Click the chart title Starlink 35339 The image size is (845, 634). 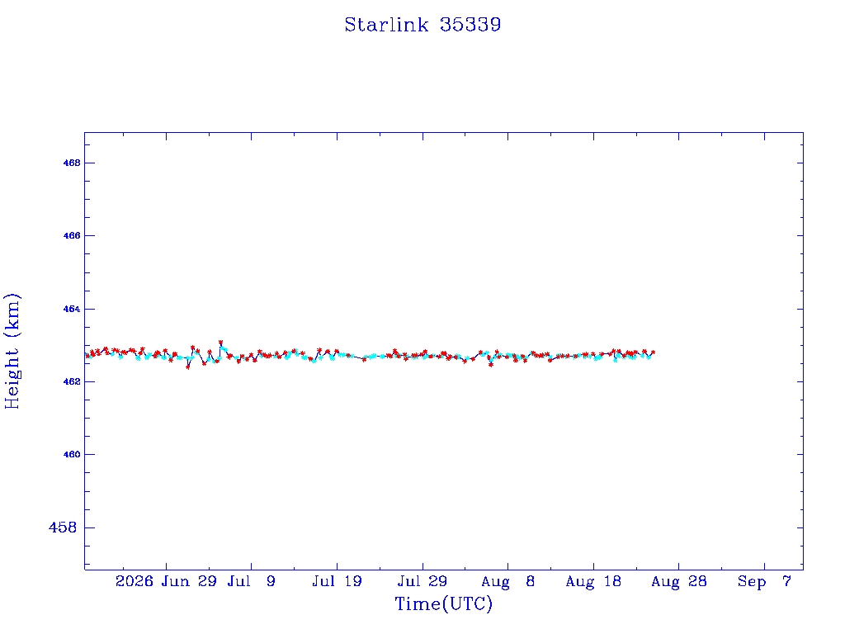click(x=422, y=25)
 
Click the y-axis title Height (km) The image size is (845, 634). click(x=12, y=351)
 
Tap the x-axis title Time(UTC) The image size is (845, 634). click(x=443, y=603)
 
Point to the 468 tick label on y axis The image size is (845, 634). click(x=71, y=163)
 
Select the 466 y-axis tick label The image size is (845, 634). click(x=71, y=235)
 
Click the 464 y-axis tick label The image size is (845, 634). click(x=71, y=309)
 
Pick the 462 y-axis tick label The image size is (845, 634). click(x=71, y=381)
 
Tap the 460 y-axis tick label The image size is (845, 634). click(x=71, y=455)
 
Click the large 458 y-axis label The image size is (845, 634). click(x=63, y=528)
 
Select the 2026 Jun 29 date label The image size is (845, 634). click(x=166, y=581)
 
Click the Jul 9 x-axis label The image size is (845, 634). click(x=251, y=581)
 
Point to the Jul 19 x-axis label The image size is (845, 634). click(x=337, y=581)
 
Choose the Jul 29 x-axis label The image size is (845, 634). click(x=422, y=581)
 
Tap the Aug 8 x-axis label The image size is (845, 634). click(x=507, y=581)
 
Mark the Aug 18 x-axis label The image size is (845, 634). click(x=593, y=581)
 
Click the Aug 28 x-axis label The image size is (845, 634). click(x=678, y=581)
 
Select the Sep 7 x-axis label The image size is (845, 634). click(x=764, y=581)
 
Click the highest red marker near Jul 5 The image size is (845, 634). click(x=220, y=342)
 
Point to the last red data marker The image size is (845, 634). click(x=654, y=352)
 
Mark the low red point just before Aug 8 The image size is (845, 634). click(x=491, y=365)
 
